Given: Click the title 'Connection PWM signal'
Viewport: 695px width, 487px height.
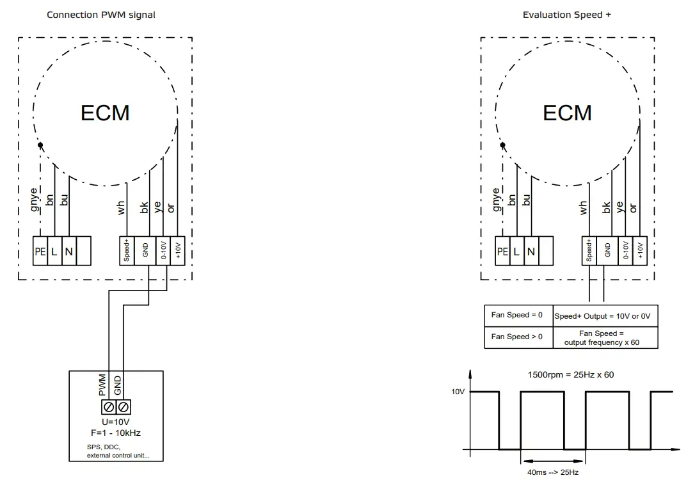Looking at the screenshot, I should tap(100, 15).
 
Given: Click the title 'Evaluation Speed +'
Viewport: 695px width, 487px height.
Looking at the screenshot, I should tap(566, 15).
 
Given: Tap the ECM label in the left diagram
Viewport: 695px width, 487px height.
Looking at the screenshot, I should tap(105, 113).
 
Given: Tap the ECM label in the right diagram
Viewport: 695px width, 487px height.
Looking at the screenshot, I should tap(567, 113).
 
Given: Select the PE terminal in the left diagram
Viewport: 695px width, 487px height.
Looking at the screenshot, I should tap(40, 251).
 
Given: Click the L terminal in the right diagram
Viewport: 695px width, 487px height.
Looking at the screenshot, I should tap(516, 251).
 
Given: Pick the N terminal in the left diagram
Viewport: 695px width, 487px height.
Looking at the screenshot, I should tap(68, 251).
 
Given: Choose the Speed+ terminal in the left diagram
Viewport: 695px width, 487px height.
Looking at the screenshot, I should tap(127, 251).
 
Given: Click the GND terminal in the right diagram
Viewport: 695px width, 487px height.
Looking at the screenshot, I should tap(605, 251).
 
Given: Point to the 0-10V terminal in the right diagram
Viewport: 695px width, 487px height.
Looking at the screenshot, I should tap(625, 251).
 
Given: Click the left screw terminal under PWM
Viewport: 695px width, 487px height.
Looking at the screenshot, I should tap(109, 407).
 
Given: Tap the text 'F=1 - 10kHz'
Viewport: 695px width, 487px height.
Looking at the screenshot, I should tap(116, 433).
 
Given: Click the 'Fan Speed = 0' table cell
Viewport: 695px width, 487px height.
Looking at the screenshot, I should tap(517, 315).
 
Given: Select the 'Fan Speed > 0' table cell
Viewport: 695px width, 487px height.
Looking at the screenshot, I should tap(517, 337).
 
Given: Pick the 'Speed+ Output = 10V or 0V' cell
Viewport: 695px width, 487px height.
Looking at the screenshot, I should tap(605, 316).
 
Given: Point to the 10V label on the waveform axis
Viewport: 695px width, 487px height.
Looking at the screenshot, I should tap(458, 392).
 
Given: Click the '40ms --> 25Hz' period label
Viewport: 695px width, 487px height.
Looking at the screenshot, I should tap(554, 472).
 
